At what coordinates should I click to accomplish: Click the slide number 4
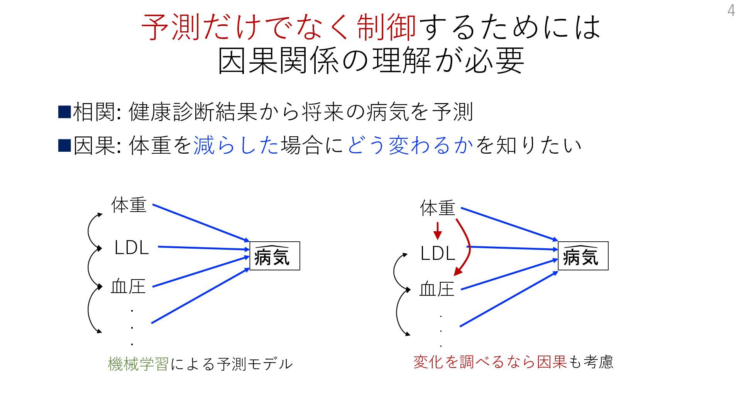(x=731, y=10)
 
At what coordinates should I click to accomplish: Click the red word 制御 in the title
(x=386, y=27)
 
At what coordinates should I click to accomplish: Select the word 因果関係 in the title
(x=279, y=61)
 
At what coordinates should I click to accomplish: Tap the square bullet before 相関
(x=64, y=112)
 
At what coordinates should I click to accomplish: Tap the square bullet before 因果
(x=64, y=145)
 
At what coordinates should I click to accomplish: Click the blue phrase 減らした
(x=236, y=145)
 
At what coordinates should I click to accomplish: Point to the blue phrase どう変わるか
(x=410, y=145)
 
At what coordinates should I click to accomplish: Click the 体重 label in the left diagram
(x=129, y=205)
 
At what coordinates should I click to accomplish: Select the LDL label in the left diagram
(x=132, y=247)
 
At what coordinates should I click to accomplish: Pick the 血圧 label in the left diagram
(x=128, y=287)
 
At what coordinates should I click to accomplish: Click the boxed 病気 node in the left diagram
(x=274, y=256)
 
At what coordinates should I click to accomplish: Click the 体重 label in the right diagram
(x=438, y=208)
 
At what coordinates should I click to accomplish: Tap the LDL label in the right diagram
(x=438, y=254)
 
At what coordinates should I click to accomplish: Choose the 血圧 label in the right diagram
(x=437, y=289)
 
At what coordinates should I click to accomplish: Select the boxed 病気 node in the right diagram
(x=583, y=256)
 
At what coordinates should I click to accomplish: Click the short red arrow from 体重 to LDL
(x=437, y=231)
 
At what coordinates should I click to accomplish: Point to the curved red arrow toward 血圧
(x=468, y=247)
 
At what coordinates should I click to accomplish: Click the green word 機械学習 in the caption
(x=138, y=364)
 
